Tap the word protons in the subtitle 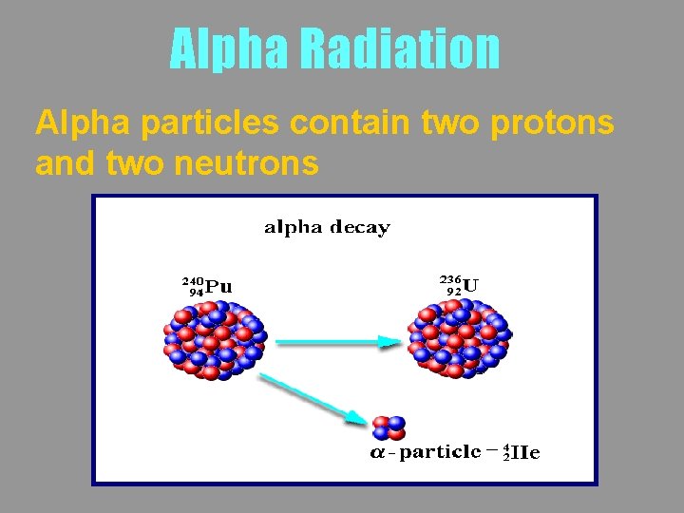[x=553, y=123]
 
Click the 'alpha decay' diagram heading [x=327, y=227]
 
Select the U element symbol [x=472, y=283]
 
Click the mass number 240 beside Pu [x=193, y=281]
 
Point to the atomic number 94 [x=196, y=293]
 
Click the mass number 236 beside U [x=449, y=278]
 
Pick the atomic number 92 [x=453, y=291]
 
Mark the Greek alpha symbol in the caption [x=377, y=453]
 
